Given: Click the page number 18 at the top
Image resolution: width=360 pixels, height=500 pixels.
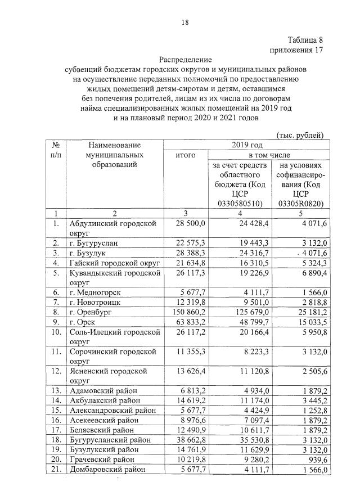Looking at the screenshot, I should coord(185,22).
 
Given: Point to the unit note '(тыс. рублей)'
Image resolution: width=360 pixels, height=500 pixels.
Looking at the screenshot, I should coord(300,135).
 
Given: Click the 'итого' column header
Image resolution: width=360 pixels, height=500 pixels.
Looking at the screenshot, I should coord(185,155).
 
